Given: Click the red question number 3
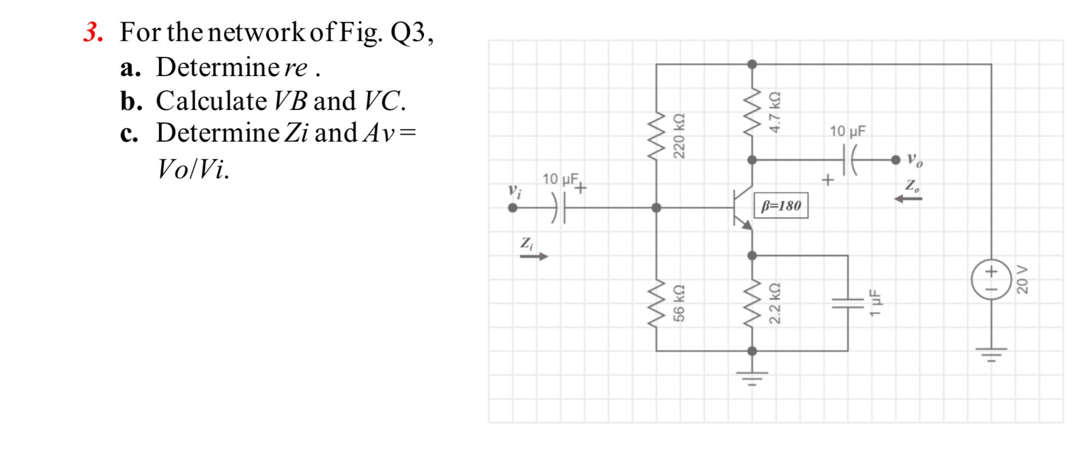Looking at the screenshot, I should click(93, 33).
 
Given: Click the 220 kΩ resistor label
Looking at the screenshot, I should click(678, 136).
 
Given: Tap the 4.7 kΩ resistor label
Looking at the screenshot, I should click(775, 112).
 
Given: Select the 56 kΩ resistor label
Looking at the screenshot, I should click(678, 303).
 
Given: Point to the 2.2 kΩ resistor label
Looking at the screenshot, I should click(775, 303).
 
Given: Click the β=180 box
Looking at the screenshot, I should click(781, 206).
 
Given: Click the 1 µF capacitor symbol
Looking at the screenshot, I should click(848, 303).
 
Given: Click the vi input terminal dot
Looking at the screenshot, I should click(513, 208).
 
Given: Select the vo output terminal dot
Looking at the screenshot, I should click(895, 160).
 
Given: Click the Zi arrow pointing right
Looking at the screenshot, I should click(533, 256).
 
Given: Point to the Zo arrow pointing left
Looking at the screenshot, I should click(908, 199).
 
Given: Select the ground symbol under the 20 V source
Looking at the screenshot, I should click(991, 355).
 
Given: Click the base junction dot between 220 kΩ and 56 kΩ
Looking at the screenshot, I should click(656, 208).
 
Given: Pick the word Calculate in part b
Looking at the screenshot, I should click(211, 101).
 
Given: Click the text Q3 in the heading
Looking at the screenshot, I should click(408, 33).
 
